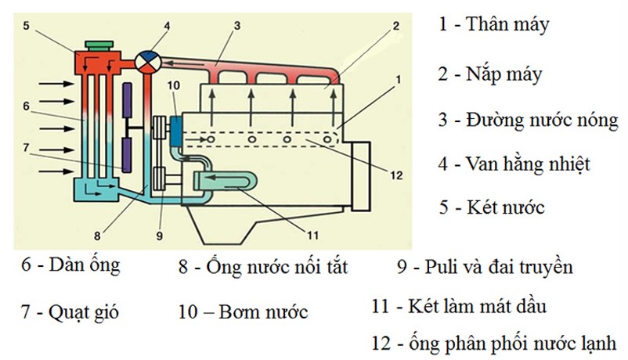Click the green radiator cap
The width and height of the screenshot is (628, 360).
point(99,45)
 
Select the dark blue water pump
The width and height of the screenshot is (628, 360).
point(175,131)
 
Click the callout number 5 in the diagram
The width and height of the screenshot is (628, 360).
point(26,26)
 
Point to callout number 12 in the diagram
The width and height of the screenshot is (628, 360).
point(396,175)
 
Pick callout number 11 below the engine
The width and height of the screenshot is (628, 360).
point(312,235)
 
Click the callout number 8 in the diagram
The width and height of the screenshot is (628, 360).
point(97,236)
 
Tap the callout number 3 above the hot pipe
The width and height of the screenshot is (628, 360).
point(237,26)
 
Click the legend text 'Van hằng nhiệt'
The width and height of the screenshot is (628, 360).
point(528,164)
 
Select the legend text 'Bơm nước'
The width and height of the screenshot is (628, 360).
point(263,312)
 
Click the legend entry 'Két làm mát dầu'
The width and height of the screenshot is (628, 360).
point(477,306)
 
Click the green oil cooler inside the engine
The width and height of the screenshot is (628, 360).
point(225,181)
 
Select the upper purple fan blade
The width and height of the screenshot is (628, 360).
point(127,100)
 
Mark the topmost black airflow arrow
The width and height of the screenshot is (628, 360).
point(56,84)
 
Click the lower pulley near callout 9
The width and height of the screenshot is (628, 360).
point(160,179)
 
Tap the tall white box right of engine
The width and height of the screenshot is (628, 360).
point(361,176)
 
